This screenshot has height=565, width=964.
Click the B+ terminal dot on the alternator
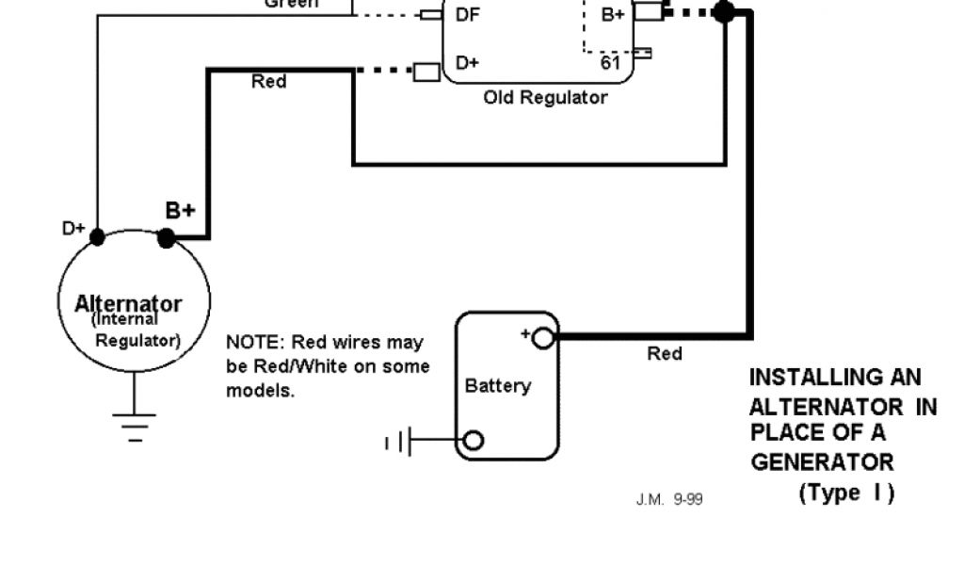pyautogui.click(x=167, y=239)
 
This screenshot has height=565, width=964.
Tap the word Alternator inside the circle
pyautogui.click(x=128, y=303)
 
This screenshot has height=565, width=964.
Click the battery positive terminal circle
pyautogui.click(x=543, y=337)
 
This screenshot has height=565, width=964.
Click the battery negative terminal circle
pyautogui.click(x=474, y=440)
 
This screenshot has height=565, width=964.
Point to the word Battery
pyautogui.click(x=498, y=385)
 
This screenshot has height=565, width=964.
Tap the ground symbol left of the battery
pyautogui.click(x=399, y=441)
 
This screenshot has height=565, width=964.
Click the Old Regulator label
pyautogui.click(x=545, y=97)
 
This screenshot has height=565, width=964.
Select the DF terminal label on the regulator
pyautogui.click(x=467, y=14)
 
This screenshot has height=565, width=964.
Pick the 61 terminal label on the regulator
pyautogui.click(x=610, y=62)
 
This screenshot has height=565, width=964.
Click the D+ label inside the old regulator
pyautogui.click(x=467, y=62)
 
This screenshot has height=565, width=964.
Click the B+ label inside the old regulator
pyautogui.click(x=613, y=14)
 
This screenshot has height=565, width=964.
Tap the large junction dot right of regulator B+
pyautogui.click(x=724, y=11)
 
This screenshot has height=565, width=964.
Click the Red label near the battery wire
pyautogui.click(x=665, y=354)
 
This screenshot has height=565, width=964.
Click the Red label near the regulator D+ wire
pyautogui.click(x=268, y=82)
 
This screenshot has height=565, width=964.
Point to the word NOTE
pyautogui.click(x=252, y=341)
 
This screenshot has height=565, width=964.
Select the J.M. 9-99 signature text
pyautogui.click(x=669, y=499)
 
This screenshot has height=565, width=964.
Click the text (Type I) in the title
pyautogui.click(x=846, y=492)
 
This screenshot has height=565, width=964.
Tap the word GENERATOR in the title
pyautogui.click(x=822, y=462)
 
